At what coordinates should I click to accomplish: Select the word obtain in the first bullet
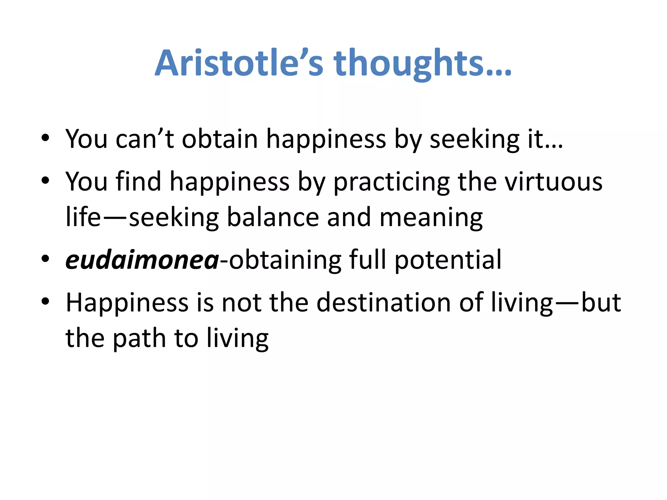[220, 139]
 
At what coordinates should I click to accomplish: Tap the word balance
[273, 217]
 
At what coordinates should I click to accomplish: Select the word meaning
[431, 217]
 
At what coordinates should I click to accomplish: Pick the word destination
[384, 302]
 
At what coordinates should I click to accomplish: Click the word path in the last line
[139, 338]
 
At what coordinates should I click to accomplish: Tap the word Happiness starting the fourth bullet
[127, 302]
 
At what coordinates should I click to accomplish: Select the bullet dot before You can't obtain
[45, 138]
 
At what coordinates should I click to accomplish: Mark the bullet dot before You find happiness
[45, 181]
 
